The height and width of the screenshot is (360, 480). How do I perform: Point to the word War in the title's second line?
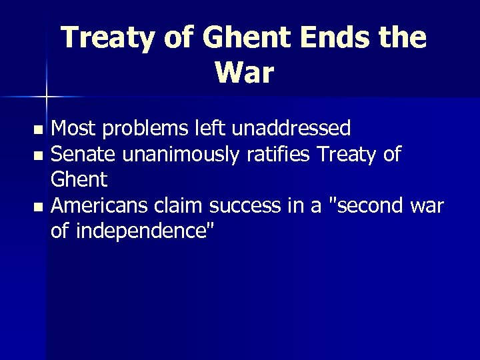click(245, 73)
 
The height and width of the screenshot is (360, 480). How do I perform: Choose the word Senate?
click(83, 154)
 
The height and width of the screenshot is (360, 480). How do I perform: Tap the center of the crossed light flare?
click(46, 97)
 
